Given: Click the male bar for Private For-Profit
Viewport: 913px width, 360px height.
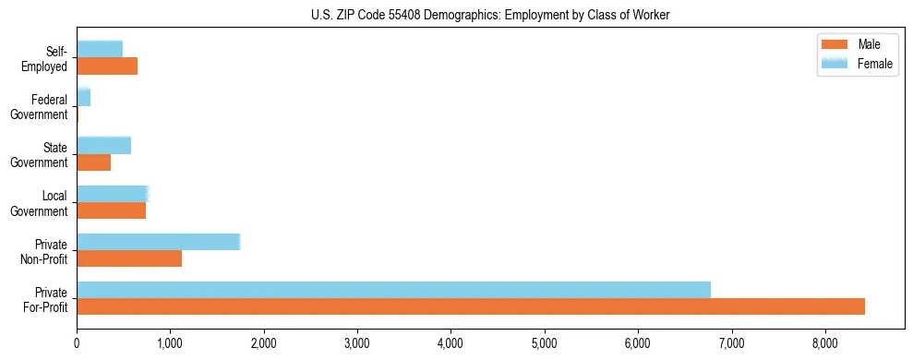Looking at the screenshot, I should [x=471, y=306].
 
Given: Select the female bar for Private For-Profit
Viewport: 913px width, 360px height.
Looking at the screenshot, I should [x=393, y=290].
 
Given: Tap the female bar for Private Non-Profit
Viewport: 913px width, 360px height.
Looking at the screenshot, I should [x=158, y=242].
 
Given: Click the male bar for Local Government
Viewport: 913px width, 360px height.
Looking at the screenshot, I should [x=111, y=210].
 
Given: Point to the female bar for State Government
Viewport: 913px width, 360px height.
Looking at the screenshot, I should [x=103, y=145].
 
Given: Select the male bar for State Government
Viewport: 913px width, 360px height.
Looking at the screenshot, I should [x=93, y=162].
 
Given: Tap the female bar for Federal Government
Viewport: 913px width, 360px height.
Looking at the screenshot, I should [x=83, y=97].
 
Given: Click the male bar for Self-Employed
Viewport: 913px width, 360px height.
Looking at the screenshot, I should [x=107, y=66].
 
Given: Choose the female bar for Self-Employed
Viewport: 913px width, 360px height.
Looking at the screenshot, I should [x=100, y=49].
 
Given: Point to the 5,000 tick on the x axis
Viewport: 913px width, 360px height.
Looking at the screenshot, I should [x=545, y=343].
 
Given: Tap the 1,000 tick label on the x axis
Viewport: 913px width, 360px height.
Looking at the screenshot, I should [x=170, y=343].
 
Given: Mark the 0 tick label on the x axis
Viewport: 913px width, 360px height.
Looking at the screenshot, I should [x=77, y=343].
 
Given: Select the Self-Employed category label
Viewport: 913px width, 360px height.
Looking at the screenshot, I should [x=45, y=59].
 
